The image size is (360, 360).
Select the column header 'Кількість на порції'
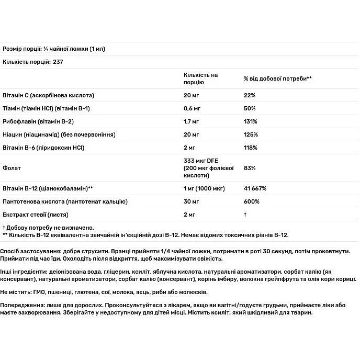click(200, 78)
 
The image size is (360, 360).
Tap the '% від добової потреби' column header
click(277, 78)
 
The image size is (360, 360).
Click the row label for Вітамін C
click(48, 95)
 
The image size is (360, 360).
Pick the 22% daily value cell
click(250, 95)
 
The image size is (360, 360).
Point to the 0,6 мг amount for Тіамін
click(193, 108)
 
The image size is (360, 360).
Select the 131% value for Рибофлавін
click(251, 121)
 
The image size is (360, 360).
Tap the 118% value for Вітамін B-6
click(251, 148)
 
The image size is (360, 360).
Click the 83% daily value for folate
click(250, 168)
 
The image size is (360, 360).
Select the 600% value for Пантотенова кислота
click(252, 201)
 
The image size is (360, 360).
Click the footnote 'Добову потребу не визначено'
click(50, 228)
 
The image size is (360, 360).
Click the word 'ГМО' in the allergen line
click(40, 291)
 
